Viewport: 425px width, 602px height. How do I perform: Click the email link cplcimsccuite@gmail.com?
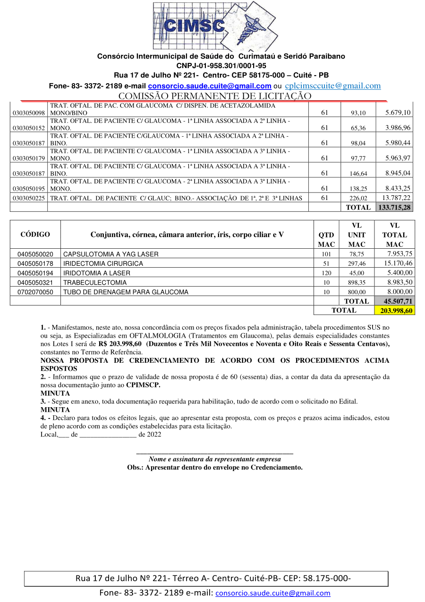coord(333,86)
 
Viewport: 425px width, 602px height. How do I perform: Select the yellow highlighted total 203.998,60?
coord(394,310)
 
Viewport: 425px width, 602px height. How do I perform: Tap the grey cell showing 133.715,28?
coord(394,207)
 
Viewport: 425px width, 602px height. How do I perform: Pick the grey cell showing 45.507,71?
coord(394,301)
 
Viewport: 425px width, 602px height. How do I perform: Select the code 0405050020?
coord(35,254)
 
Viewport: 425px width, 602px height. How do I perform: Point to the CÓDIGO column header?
coord(35,235)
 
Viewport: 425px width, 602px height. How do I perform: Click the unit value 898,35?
coord(357,282)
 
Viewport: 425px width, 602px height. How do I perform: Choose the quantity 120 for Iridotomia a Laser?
coord(326,273)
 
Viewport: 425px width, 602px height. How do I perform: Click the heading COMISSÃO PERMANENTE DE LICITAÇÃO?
coord(215,96)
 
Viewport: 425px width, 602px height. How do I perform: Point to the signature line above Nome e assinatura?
coord(214,453)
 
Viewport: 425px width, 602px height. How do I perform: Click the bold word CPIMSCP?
coord(143,385)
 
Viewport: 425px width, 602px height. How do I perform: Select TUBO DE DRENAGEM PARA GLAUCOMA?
coord(126,292)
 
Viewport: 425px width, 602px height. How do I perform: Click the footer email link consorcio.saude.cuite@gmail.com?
coord(273,593)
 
